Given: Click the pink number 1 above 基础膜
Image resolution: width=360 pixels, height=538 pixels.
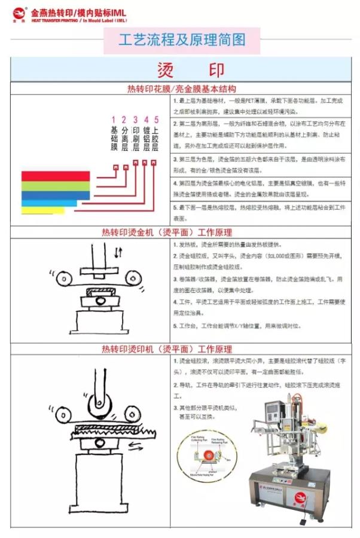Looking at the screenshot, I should [114, 120].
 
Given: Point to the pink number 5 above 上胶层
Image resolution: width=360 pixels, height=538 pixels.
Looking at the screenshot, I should [155, 120].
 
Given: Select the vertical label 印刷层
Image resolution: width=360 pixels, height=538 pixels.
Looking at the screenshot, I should [135, 139].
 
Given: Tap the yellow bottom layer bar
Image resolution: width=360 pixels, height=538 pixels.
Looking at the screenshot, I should [42, 210].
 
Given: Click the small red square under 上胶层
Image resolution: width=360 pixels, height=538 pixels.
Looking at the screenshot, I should [154, 162].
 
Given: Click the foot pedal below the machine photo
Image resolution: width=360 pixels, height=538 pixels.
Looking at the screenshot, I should [310, 518].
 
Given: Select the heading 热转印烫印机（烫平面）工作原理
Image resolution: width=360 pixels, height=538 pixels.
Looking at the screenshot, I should [167, 349].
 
